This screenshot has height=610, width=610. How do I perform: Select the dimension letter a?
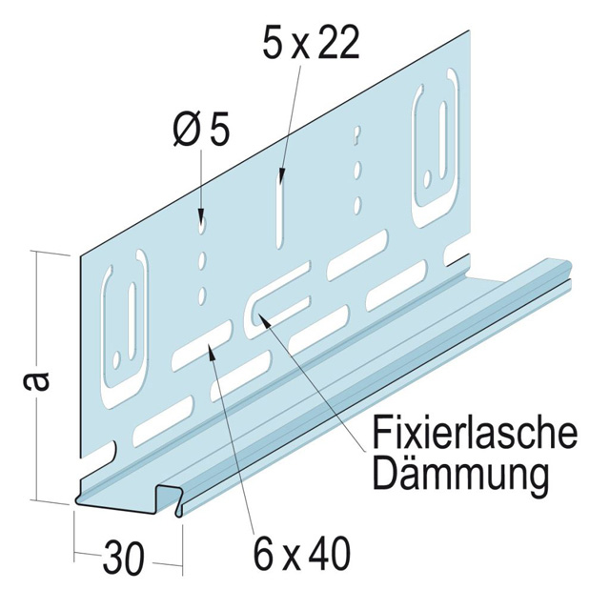pos(34,381)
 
